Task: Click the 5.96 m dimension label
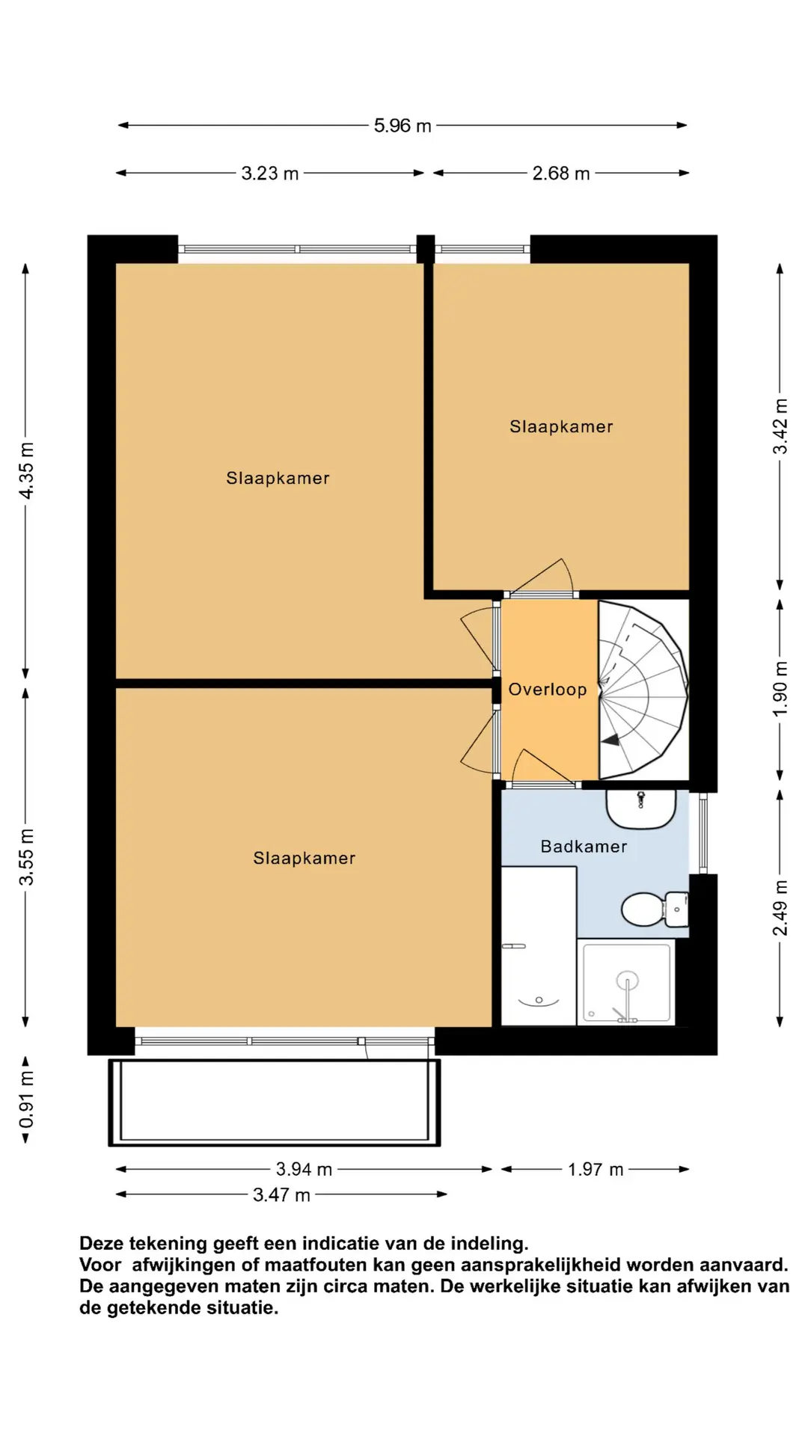403,126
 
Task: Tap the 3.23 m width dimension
269,174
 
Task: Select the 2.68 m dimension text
561,174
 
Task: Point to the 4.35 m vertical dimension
26,470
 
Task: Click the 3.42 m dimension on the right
780,426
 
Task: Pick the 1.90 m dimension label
780,688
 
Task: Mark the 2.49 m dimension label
780,907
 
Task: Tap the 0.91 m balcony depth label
26,1099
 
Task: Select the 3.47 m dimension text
281,1194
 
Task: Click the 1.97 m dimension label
595,1169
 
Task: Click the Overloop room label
548,690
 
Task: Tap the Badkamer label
584,847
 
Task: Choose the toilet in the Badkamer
651,909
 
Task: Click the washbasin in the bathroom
640,809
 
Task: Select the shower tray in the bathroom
627,981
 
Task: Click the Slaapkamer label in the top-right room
561,427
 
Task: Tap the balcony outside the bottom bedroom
274,1102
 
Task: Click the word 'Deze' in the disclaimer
102,1243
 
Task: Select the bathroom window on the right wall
703,833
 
